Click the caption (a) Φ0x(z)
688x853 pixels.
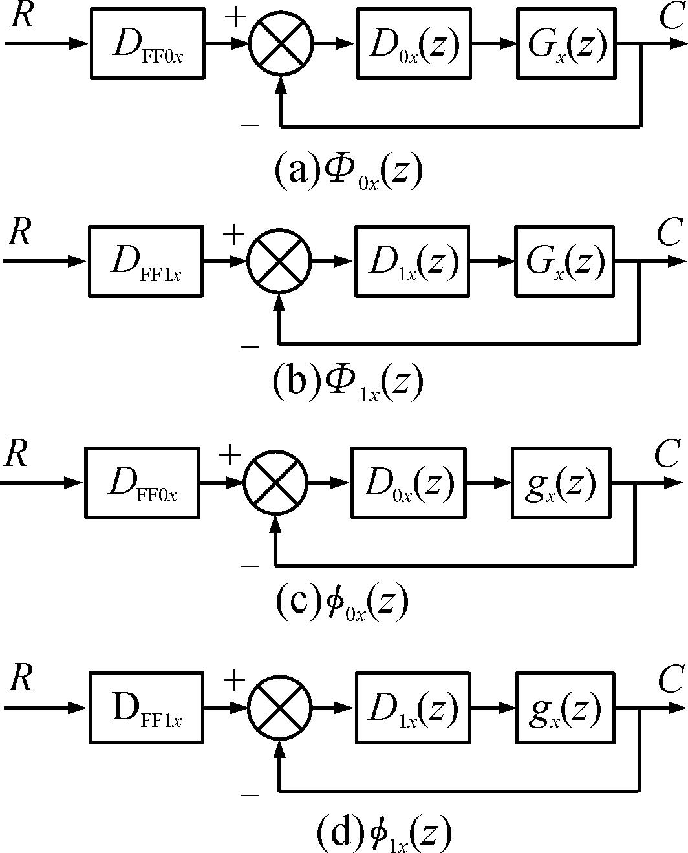tap(349, 171)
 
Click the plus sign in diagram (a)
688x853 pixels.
tap(235, 17)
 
